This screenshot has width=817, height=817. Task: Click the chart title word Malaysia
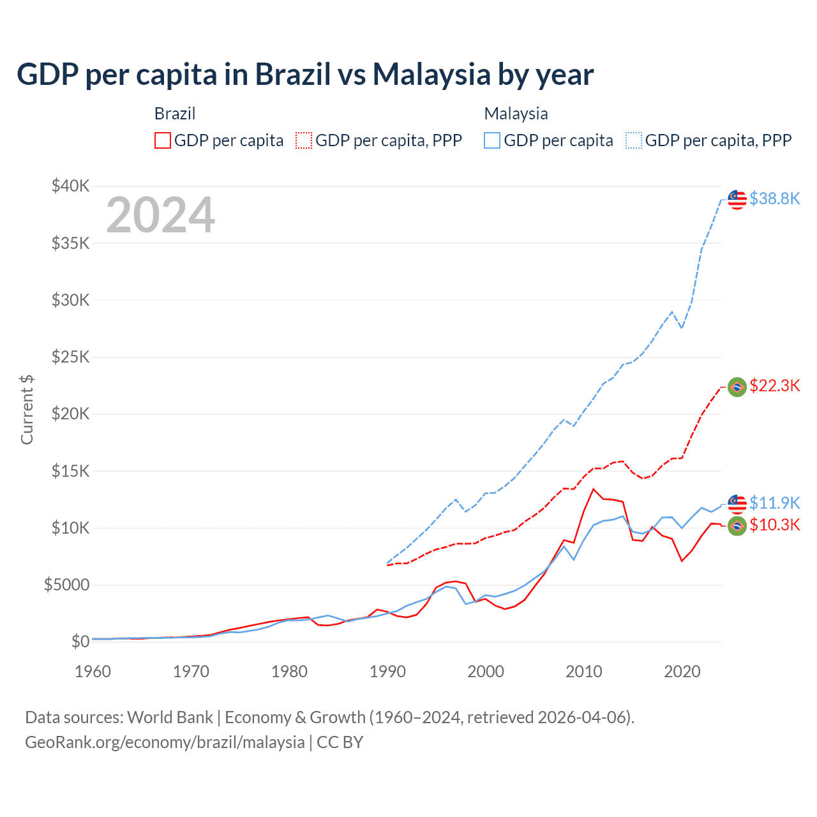click(x=431, y=75)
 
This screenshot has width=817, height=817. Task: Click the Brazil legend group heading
click(x=175, y=114)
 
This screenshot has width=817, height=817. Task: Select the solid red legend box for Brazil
click(x=163, y=140)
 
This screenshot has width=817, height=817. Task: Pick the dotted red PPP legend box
click(x=304, y=140)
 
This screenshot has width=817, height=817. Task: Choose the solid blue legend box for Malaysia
click(x=492, y=140)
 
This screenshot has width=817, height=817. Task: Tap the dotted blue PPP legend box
click(x=634, y=140)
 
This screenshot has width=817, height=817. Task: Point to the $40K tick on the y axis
click(x=71, y=186)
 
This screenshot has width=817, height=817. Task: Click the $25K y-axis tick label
click(x=71, y=357)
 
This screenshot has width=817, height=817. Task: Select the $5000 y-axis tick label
click(x=66, y=585)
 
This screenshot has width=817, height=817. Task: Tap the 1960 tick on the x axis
click(x=93, y=671)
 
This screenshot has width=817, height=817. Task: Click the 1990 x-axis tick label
click(x=387, y=671)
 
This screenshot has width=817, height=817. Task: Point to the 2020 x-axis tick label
click(x=682, y=671)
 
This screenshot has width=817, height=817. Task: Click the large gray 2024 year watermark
click(x=160, y=215)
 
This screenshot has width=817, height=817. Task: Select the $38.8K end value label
click(x=774, y=199)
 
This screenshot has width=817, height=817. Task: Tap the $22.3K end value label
click(x=774, y=386)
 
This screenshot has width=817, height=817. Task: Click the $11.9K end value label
click(x=774, y=503)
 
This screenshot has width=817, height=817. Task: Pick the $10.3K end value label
click(x=774, y=525)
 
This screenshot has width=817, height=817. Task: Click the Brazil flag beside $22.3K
click(x=737, y=387)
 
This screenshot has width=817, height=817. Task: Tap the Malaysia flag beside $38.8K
click(x=737, y=199)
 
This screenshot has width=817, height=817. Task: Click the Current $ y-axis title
click(x=27, y=410)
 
